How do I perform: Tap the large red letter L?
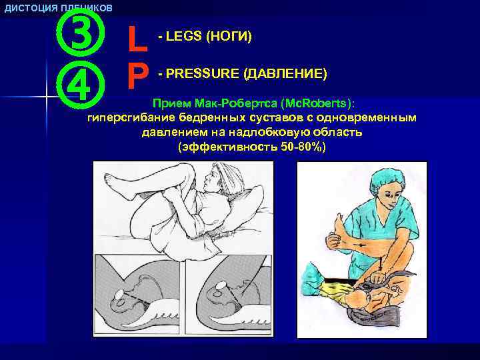[x=137, y=40]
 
